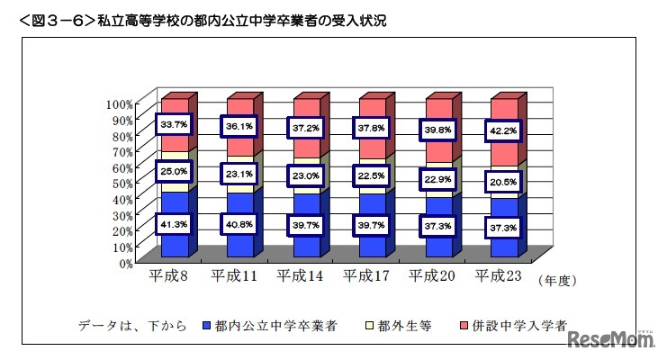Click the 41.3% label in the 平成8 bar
[172, 224]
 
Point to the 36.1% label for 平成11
[239, 127]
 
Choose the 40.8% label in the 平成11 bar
[239, 224]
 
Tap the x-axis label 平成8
[167, 276]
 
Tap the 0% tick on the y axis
[125, 263]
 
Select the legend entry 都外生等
[398, 325]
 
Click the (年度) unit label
[556, 280]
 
